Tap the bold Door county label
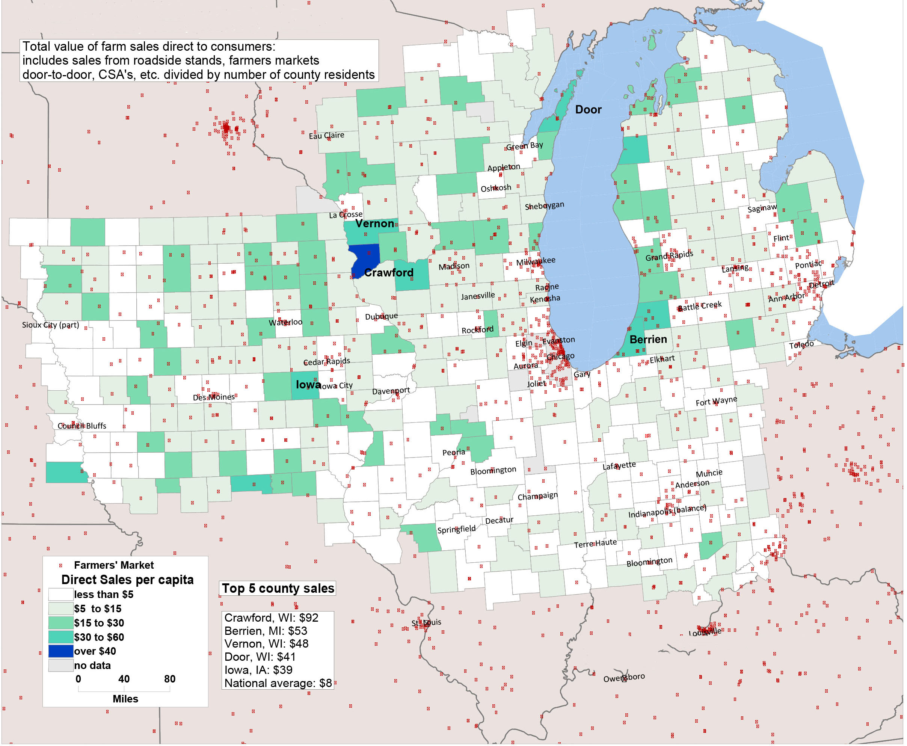tap(588, 110)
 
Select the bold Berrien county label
tap(648, 340)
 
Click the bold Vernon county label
tap(374, 223)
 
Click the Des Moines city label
tap(214, 397)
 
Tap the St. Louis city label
tap(426, 623)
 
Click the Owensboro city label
tap(624, 678)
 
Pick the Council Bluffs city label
tap(81, 426)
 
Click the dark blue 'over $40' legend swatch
tap(60, 651)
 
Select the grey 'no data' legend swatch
tap(60, 665)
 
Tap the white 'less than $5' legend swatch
tap(60, 594)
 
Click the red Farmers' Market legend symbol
tap(60, 565)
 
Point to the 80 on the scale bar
tap(170, 679)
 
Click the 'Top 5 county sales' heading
tap(278, 588)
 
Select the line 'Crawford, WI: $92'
tap(271, 618)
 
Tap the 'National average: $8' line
tap(278, 683)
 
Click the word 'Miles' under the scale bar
tap(125, 699)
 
